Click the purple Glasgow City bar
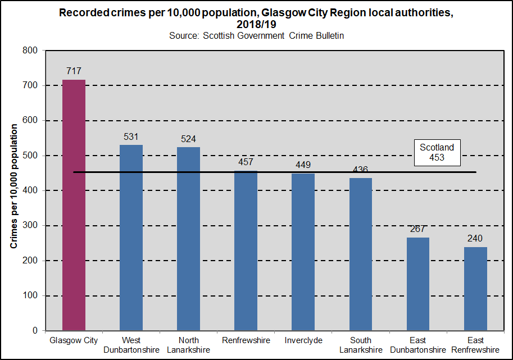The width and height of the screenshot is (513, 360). pyautogui.click(x=74, y=205)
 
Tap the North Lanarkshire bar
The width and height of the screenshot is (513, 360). pyautogui.click(x=188, y=239)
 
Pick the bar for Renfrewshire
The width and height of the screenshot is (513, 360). pyautogui.click(x=246, y=250)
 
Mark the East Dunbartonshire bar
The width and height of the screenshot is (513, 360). pyautogui.click(x=418, y=284)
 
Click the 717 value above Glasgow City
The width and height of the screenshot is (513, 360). pyautogui.click(x=74, y=71)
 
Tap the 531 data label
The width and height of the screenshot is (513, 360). pyautogui.click(x=131, y=136)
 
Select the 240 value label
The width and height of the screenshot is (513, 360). pyautogui.click(x=475, y=239)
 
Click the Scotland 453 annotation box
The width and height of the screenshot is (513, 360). pyautogui.click(x=437, y=152)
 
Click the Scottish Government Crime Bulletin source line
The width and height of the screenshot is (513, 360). pyautogui.click(x=256, y=35)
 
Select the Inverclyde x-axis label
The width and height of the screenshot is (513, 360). pyautogui.click(x=303, y=340)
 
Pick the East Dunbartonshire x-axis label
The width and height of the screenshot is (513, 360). pyautogui.click(x=418, y=345)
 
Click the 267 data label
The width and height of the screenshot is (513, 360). pyautogui.click(x=418, y=229)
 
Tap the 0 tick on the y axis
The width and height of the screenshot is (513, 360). pyautogui.click(x=35, y=331)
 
